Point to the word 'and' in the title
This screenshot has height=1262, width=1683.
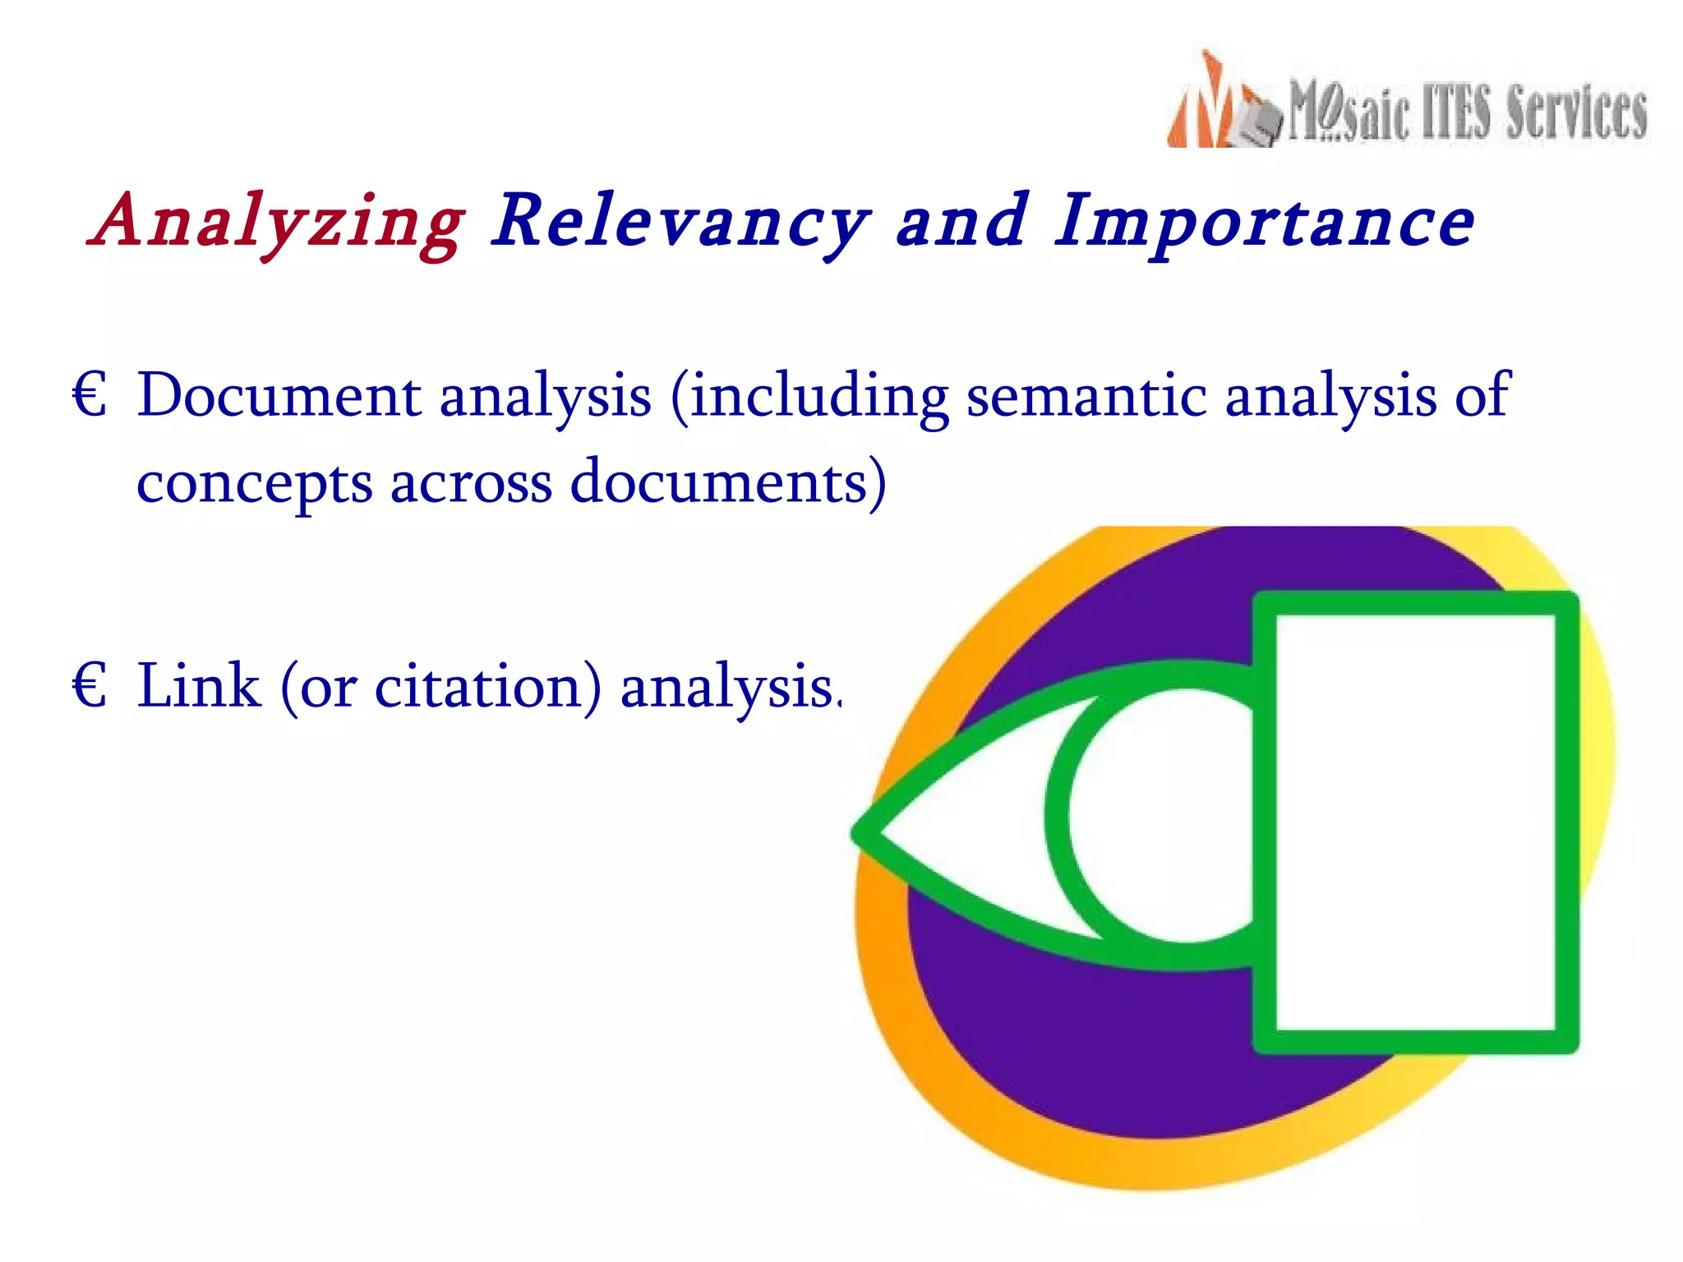pos(961,220)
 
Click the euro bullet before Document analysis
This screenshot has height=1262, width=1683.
pos(89,395)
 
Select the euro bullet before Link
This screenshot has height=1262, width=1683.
pos(89,686)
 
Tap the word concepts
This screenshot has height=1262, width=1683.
pos(255,483)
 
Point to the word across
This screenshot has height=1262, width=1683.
pos(471,483)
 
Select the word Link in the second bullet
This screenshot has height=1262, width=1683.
pos(198,686)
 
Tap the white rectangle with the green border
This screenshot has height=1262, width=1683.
pos(1414,822)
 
